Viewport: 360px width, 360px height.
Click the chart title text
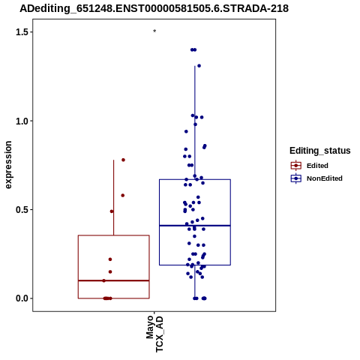click(x=154, y=8)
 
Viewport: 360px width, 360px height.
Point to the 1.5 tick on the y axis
click(x=31, y=32)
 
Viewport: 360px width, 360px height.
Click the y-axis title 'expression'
click(x=8, y=165)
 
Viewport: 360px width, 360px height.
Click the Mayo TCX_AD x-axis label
click(x=154, y=334)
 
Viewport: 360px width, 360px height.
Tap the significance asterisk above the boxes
click(x=154, y=31)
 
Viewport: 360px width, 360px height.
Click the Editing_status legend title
click(x=319, y=151)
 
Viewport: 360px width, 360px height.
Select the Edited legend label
click(x=317, y=166)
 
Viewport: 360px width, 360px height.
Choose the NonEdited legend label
click(x=325, y=178)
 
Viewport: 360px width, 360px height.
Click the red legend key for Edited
click(x=296, y=166)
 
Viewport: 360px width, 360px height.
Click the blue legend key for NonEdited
click(x=296, y=178)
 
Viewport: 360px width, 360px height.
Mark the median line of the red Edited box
click(x=114, y=280)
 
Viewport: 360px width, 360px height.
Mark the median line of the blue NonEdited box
click(x=195, y=226)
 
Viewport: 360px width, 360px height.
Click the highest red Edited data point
click(x=123, y=160)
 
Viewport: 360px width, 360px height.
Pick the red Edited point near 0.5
click(x=112, y=211)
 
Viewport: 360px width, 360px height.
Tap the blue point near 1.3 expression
click(x=199, y=66)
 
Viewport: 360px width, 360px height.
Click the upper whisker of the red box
click(x=114, y=197)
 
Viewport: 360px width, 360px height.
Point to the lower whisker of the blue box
click(x=195, y=281)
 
